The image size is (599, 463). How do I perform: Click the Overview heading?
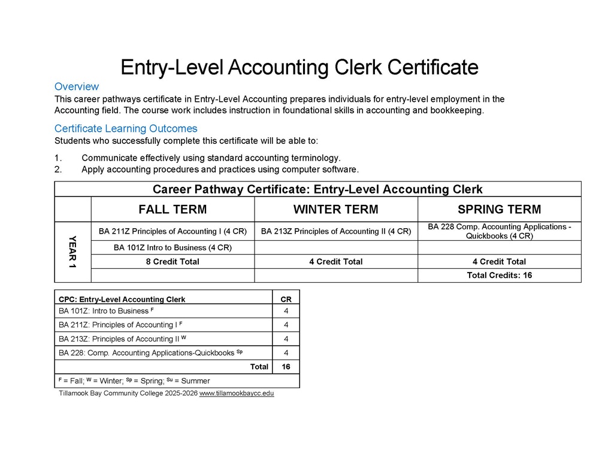77,87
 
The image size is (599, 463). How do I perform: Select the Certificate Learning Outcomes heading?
126,129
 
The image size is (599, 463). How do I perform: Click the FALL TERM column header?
173,210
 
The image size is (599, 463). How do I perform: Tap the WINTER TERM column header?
335,210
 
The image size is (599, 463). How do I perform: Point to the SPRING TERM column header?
499,210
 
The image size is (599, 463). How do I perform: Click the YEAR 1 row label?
72,252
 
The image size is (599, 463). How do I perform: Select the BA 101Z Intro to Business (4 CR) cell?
173,247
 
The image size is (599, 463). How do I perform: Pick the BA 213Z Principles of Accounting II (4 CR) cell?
335,231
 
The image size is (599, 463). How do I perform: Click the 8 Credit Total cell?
173,262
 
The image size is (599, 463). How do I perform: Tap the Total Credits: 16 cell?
499,276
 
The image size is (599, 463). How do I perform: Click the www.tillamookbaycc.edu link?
237,394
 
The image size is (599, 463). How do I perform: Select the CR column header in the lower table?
286,299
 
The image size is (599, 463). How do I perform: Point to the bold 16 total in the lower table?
286,367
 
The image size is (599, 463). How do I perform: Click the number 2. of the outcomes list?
58,170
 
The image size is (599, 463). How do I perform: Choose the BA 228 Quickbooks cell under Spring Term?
499,231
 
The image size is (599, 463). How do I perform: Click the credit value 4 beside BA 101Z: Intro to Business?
286,311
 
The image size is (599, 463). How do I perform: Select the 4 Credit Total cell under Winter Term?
335,262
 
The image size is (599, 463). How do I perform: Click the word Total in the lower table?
259,367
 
